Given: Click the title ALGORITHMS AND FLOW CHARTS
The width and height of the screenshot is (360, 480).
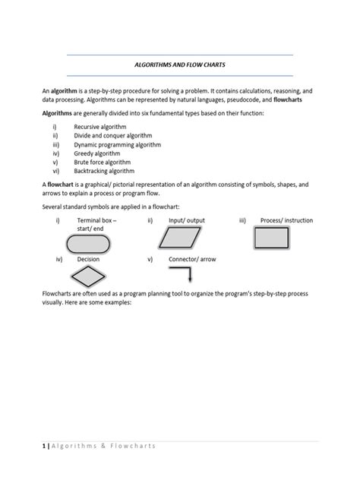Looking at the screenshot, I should pyautogui.click(x=180, y=65).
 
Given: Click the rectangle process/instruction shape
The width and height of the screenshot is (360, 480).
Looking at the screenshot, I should pyautogui.click(x=274, y=239).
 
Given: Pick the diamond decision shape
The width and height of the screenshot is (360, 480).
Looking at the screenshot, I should pyautogui.click(x=87, y=278).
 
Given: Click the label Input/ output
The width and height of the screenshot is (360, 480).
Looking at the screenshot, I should pyautogui.click(x=187, y=220).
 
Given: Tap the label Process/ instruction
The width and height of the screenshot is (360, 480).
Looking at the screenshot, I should pyautogui.click(x=286, y=220).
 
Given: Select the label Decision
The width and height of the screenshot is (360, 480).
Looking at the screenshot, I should pyautogui.click(x=88, y=259).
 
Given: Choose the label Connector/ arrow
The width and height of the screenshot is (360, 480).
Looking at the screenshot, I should pyautogui.click(x=192, y=259).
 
